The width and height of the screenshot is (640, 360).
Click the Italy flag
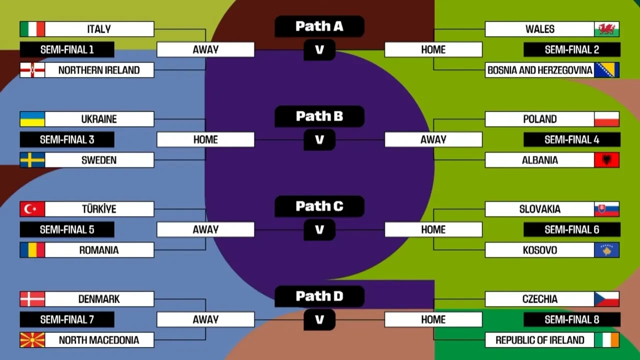(32, 29)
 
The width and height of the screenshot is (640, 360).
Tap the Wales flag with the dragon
(606, 29)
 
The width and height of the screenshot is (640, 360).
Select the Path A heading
(319, 26)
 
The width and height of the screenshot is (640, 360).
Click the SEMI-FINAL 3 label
(67, 139)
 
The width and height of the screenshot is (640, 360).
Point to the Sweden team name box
(99, 160)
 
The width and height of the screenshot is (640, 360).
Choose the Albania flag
(606, 160)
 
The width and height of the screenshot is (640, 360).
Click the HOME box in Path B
(205, 139)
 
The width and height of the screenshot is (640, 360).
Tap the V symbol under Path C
(319, 230)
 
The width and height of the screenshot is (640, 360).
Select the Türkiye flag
(32, 209)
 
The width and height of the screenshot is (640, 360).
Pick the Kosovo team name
(539, 250)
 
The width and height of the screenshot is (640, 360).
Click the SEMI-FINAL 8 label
(571, 319)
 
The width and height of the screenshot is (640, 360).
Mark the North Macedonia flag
(32, 340)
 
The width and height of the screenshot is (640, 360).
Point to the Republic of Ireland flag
(606, 340)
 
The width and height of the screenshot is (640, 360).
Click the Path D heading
(319, 296)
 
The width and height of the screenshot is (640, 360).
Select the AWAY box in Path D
(205, 319)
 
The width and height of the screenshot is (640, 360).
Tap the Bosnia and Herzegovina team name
(539, 70)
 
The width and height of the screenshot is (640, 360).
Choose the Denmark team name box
(99, 299)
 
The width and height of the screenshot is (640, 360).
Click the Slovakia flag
(606, 209)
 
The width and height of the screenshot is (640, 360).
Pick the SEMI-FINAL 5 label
(67, 229)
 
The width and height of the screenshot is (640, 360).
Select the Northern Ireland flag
(32, 70)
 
